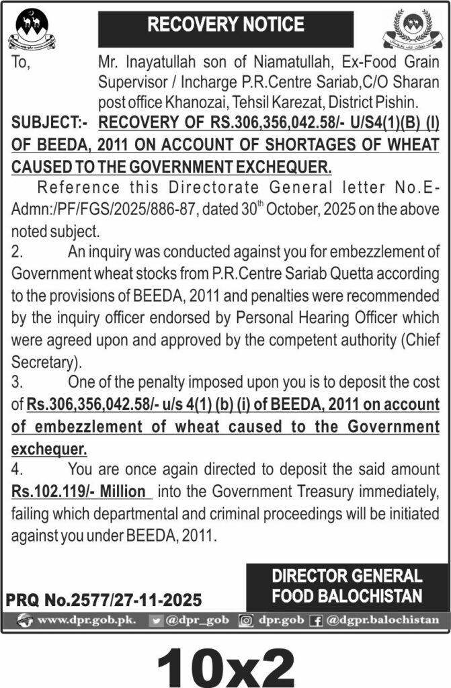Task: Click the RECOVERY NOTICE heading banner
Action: tap(225, 26)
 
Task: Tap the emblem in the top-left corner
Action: tap(32, 30)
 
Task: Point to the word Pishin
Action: tap(396, 103)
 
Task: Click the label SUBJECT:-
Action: tap(46, 122)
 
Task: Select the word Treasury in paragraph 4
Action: tap(303, 492)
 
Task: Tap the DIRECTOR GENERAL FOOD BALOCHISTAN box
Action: tap(347, 586)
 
